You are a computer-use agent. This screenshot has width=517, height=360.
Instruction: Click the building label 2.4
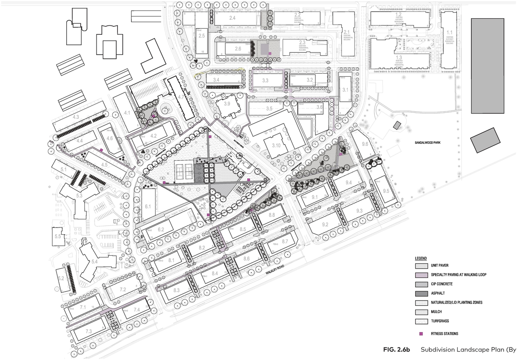coord(232,18)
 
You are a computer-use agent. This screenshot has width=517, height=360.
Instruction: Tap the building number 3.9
coord(227,104)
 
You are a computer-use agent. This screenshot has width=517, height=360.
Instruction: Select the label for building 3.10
coord(277,145)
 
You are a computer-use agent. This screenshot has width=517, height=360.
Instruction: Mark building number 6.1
coord(148,206)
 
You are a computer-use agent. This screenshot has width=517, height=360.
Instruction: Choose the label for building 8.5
coord(243,229)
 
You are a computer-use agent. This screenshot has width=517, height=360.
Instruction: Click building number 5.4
coord(94,262)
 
